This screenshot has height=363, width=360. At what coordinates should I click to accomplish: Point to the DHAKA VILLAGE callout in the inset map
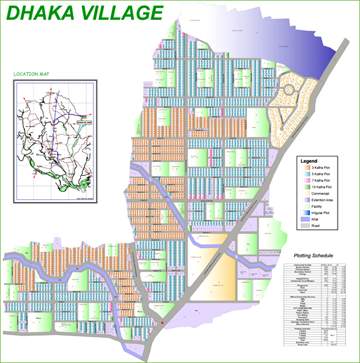(83, 122)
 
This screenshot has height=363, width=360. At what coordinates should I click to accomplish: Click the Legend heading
(309, 162)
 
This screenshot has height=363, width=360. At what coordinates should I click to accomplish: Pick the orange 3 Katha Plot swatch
(304, 168)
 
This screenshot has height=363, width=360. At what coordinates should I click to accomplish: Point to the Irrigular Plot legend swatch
(304, 213)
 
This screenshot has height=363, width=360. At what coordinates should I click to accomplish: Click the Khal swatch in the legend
(304, 219)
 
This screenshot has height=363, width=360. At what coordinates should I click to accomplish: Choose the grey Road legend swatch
(304, 225)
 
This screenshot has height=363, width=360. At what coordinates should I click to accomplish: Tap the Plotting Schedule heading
(313, 256)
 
